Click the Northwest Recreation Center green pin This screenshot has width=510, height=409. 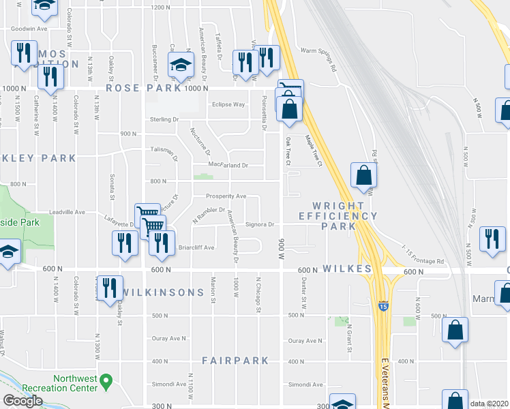point(106,382)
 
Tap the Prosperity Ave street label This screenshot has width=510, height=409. point(226,196)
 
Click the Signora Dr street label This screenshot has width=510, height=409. point(259,224)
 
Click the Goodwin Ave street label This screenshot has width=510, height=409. point(28,29)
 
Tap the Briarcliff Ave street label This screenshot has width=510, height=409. point(196,247)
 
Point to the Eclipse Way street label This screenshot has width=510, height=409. point(228,104)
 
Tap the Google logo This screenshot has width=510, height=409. point(22,401)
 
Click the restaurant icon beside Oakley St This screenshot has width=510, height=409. point(108,287)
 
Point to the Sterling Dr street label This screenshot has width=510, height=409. point(164,119)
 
